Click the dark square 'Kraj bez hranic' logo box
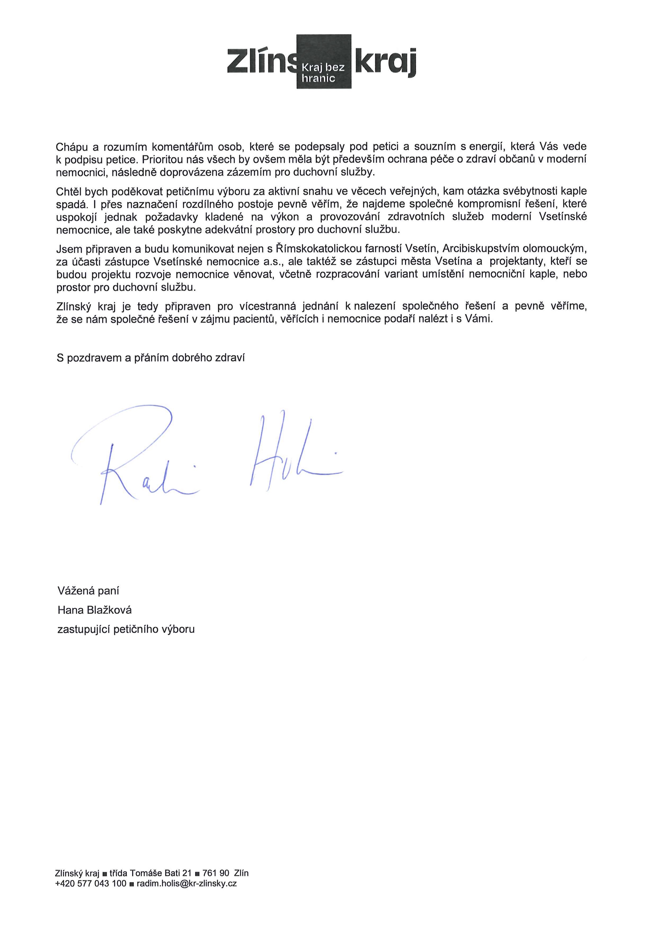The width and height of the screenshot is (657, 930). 323,61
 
